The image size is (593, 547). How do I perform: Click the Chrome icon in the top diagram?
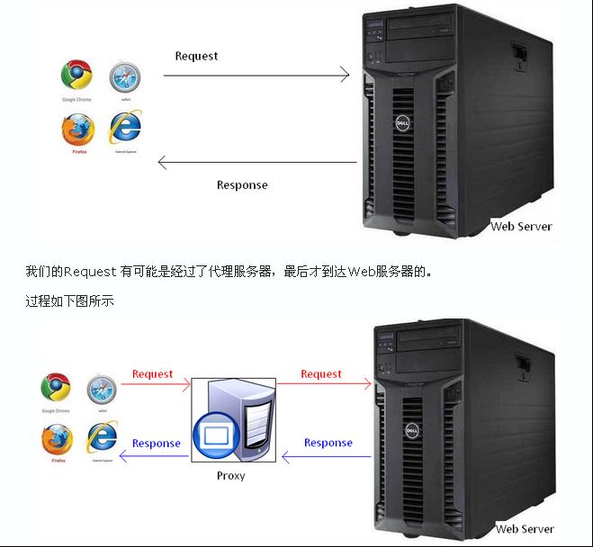[76, 76]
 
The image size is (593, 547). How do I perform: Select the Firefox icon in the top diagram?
[77, 130]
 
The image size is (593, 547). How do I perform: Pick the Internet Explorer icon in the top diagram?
[125, 126]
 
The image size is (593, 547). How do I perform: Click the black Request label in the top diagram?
[196, 56]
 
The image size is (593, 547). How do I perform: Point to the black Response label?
[242, 184]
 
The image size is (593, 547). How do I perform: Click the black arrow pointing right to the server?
[256, 76]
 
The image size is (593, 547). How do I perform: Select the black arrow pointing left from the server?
[256, 163]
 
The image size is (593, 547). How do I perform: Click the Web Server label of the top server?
[521, 227]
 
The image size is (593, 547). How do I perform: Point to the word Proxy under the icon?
[230, 475]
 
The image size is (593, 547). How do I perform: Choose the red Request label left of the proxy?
[152, 374]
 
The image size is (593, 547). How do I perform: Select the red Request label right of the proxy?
[321, 374]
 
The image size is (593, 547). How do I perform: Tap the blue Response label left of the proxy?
[156, 443]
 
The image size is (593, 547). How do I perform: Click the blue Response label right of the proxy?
[328, 443]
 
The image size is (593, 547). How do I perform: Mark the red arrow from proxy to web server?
[324, 384]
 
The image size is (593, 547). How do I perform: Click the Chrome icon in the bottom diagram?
[56, 387]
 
